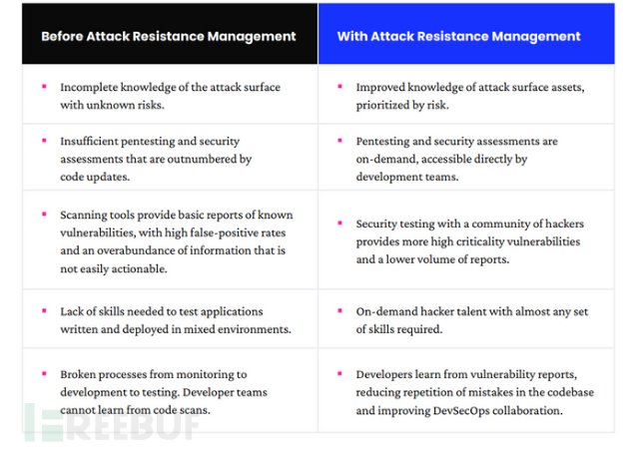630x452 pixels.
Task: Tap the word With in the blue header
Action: pyautogui.click(x=354, y=36)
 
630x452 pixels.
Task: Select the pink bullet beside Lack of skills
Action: pyautogui.click(x=44, y=310)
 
